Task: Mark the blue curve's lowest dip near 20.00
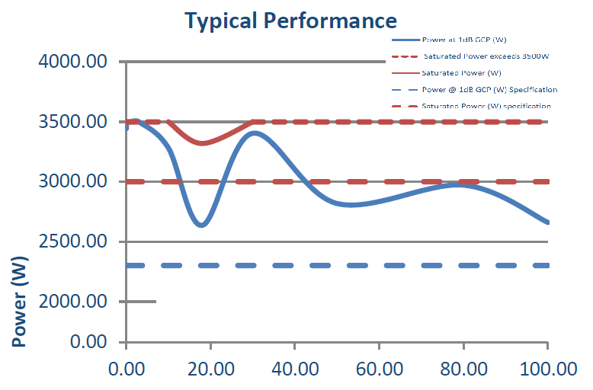pos(201,225)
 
